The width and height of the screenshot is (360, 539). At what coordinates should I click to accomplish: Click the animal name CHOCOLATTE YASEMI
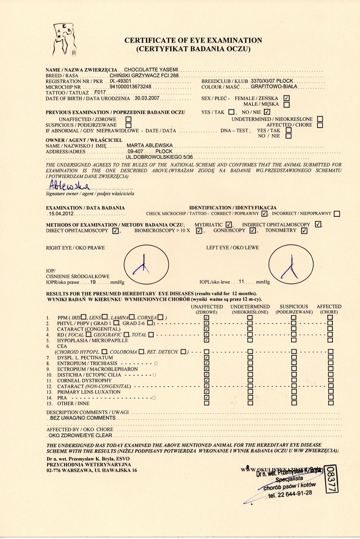[151, 70]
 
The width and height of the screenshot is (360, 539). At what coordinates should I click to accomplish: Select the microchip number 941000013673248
[130, 87]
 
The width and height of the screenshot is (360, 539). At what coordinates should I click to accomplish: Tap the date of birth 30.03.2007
[147, 98]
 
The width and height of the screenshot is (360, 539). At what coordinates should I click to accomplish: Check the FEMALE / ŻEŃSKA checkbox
[287, 99]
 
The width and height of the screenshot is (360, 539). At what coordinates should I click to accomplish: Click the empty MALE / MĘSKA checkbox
[287, 104]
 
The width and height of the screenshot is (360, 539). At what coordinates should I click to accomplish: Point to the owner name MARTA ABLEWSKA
[150, 145]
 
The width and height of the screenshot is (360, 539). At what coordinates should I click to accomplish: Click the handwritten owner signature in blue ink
[70, 185]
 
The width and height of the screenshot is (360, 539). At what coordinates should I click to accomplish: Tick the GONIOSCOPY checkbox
[252, 231]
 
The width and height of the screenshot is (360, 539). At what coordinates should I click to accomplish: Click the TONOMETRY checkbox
[304, 231]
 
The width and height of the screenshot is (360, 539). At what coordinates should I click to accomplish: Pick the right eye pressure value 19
[93, 282]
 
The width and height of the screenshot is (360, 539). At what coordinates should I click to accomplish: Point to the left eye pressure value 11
[242, 282]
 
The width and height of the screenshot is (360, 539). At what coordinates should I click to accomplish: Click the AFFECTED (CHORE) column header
[329, 309]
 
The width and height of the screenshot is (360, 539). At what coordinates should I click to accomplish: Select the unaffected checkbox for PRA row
[207, 397]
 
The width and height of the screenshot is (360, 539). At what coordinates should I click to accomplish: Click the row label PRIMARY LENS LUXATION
[89, 392]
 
